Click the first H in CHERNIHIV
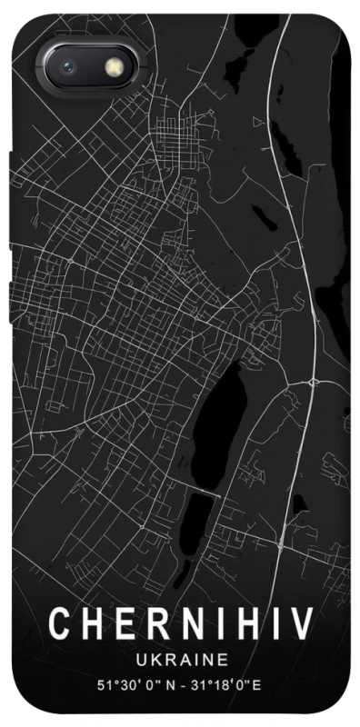tap(88, 626)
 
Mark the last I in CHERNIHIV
tap(270, 626)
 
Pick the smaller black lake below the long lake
tap(202, 513)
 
